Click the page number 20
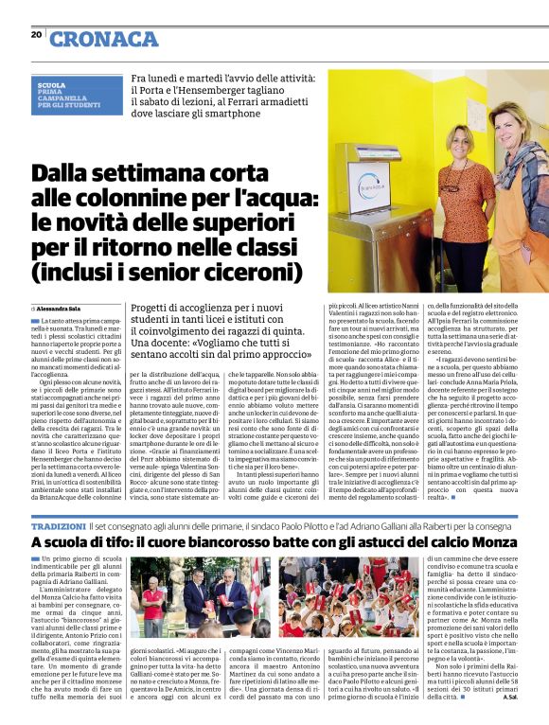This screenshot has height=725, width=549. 36,35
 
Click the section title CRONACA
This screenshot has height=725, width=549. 104,39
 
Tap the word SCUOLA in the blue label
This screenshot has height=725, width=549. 51,84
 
